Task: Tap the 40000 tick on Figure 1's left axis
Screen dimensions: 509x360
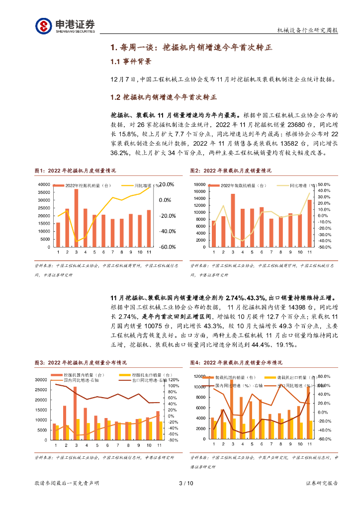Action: point(43,184)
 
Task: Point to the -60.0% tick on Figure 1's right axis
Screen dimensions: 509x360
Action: point(167,247)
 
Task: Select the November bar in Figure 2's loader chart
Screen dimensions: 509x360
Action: point(309,223)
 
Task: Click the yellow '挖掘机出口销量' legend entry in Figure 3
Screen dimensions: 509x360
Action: point(144,375)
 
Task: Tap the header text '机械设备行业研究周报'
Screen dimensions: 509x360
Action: point(307,30)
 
